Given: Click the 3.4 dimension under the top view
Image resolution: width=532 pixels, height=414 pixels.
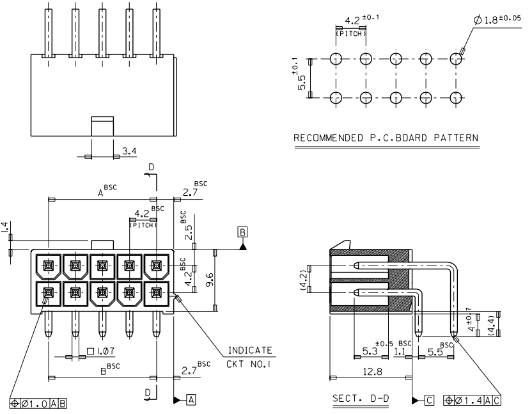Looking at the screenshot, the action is point(129,151).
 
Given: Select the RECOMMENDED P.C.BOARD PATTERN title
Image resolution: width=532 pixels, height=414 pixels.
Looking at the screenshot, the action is point(386,138).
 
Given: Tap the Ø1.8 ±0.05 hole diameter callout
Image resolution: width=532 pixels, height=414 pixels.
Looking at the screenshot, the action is point(497,20).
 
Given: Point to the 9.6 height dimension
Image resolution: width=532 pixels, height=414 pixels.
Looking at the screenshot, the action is point(210,279).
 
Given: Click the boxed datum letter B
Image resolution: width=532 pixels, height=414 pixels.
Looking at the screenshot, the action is point(242,232).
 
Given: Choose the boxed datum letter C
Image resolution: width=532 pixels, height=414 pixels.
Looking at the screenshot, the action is point(429,401).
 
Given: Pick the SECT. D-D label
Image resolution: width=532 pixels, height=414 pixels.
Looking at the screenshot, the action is point(361,399).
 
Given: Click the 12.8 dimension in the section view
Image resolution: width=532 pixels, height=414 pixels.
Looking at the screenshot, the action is point(372,372).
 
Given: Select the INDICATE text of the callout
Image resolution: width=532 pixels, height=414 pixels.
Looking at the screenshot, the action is point(250,350).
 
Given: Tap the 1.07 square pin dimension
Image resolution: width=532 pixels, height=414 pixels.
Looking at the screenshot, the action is point(101,351).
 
